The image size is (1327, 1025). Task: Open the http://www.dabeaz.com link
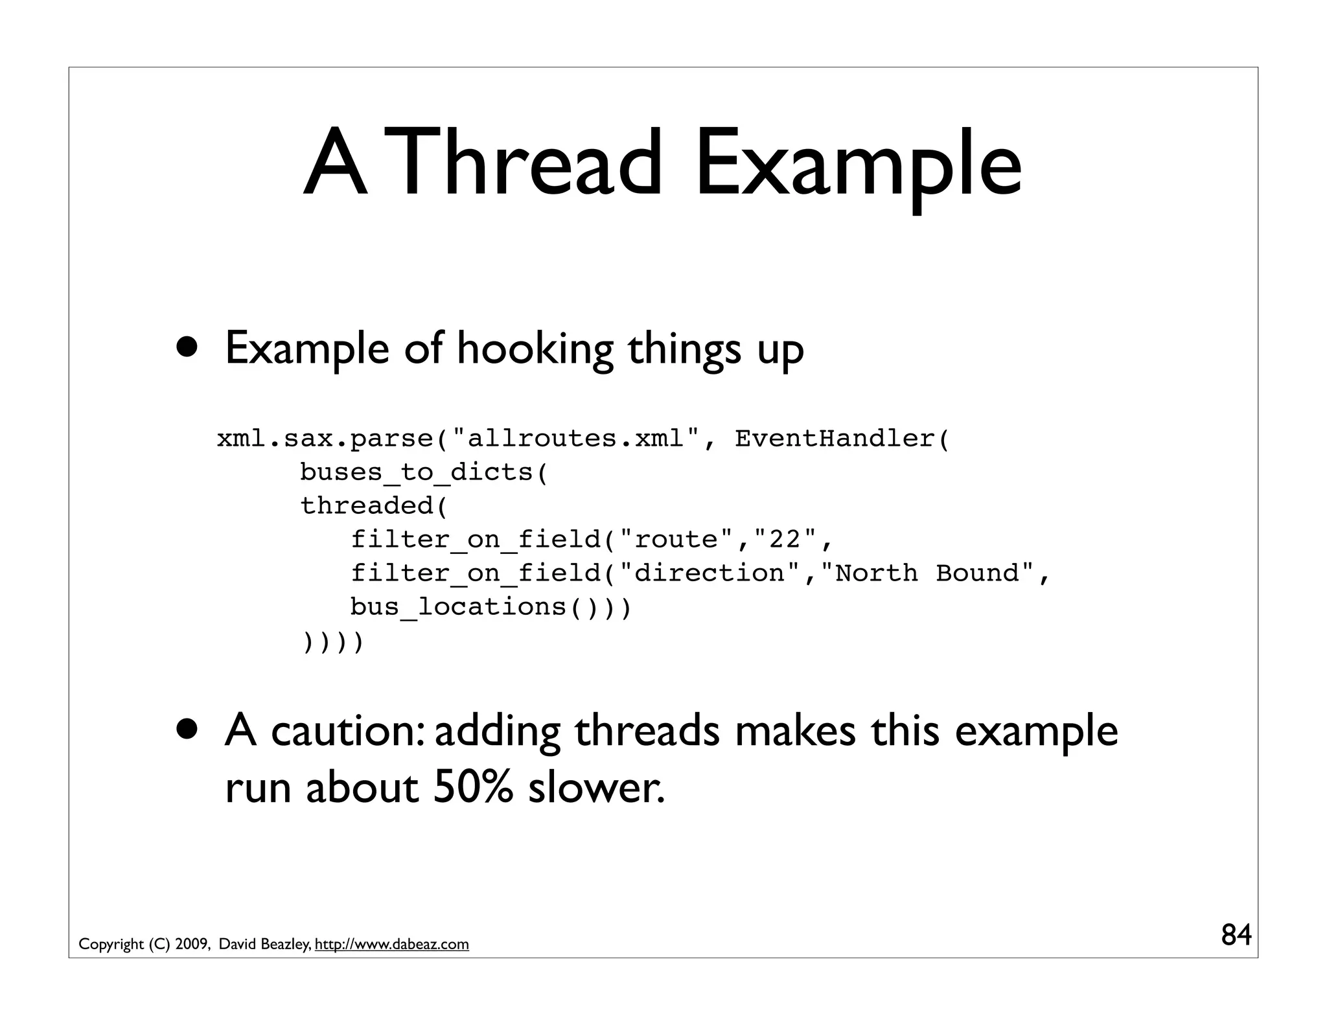click(x=391, y=945)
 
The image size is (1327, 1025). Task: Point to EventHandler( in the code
click(x=842, y=439)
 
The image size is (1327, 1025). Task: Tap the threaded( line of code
click(x=375, y=506)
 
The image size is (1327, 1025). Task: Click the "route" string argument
click(x=677, y=539)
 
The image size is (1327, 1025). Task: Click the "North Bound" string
click(x=927, y=573)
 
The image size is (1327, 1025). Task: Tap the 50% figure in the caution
click(x=472, y=789)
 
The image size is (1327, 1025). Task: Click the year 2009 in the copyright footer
click(x=190, y=945)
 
